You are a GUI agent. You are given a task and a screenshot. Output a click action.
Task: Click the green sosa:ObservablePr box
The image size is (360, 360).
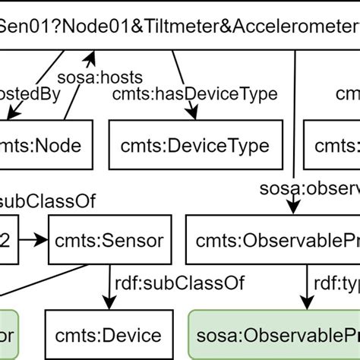click(273, 335)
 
